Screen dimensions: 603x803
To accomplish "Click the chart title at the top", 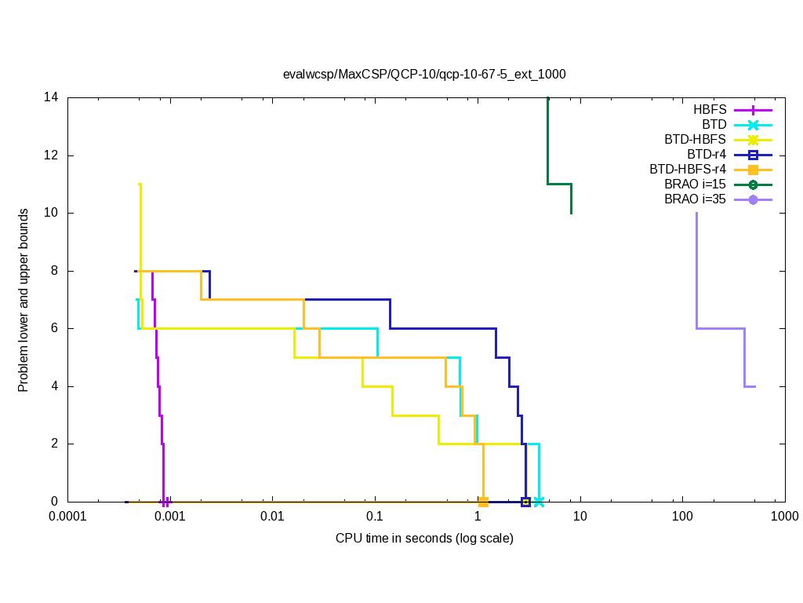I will pyautogui.click(x=424, y=74).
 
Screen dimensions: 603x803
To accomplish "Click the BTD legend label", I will pyautogui.click(x=714, y=125).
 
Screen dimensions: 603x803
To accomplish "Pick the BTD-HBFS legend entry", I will pyautogui.click(x=695, y=140).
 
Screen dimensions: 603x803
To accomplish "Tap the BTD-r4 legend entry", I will pyautogui.click(x=707, y=155).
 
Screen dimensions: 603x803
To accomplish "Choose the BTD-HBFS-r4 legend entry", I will pyautogui.click(x=688, y=170).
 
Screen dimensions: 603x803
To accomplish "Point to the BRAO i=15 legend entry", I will pyautogui.click(x=695, y=185).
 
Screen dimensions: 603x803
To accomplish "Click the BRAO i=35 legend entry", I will pyautogui.click(x=695, y=199).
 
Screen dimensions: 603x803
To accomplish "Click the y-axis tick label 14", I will pyautogui.click(x=52, y=97).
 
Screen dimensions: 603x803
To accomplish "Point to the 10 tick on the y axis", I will pyautogui.click(x=52, y=213).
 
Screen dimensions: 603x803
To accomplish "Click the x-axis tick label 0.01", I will pyautogui.click(x=272, y=517).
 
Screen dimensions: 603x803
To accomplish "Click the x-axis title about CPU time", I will pyautogui.click(x=424, y=539).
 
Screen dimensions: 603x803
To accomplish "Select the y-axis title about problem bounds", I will pyautogui.click(x=24, y=300).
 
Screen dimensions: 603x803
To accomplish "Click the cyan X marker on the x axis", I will pyautogui.click(x=539, y=502).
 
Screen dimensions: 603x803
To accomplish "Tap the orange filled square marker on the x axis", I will pyautogui.click(x=484, y=502).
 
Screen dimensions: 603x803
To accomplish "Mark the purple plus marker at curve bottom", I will pyautogui.click(x=165, y=502).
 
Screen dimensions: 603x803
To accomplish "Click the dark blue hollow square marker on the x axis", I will pyautogui.click(x=525, y=502).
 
